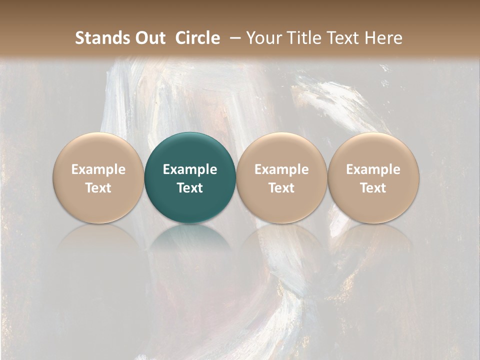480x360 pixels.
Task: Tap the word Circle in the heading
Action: [x=197, y=38]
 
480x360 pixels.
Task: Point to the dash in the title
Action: [x=233, y=38]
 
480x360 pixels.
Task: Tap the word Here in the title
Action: [x=383, y=38]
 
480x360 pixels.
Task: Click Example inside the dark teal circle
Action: [x=190, y=169]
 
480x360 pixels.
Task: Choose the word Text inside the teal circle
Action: [x=190, y=188]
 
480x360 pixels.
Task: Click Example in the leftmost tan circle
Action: [x=98, y=169]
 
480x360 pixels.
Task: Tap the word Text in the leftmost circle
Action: [x=98, y=188]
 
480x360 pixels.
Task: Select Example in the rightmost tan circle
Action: [x=373, y=169]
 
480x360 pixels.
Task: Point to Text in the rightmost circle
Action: [x=373, y=188]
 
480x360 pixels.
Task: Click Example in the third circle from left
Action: [x=281, y=169]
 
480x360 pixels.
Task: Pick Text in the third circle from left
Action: [x=281, y=188]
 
